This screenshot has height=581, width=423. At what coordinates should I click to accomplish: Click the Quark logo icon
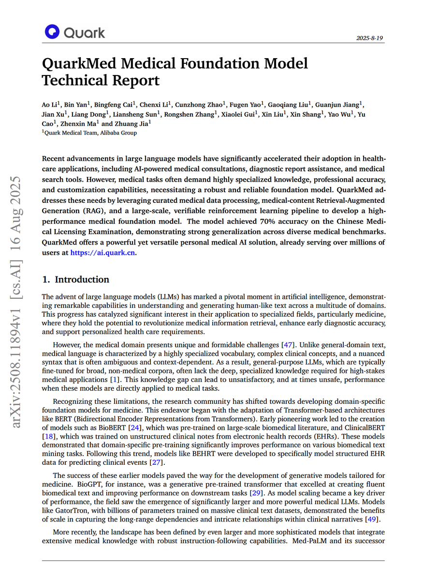tap(52, 32)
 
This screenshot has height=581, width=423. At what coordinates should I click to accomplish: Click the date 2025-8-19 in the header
tap(370, 38)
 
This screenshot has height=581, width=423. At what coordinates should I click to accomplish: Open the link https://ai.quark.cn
tap(102, 252)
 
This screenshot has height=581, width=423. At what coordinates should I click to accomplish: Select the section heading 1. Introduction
tap(76, 279)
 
